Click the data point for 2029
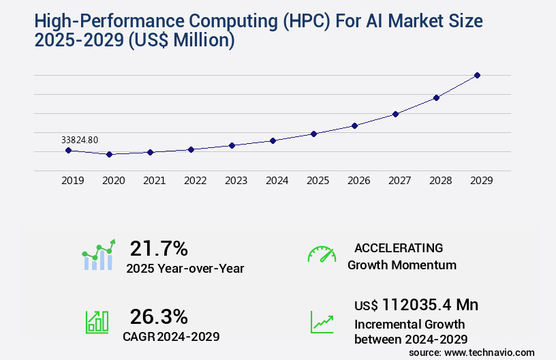[477, 75]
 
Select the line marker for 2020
[109, 155]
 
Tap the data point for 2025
[313, 134]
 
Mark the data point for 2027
[395, 114]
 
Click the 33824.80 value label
[80, 140]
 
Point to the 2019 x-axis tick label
[72, 181]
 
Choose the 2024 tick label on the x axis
[277, 181]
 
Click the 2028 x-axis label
[440, 181]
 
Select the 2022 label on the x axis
[195, 181]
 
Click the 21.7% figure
[159, 248]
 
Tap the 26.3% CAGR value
[159, 316]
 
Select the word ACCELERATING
[399, 248]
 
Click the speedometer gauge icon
[322, 254]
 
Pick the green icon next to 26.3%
[97, 322]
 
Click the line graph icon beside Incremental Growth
[322, 322]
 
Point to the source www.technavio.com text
[472, 352]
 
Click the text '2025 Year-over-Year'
[185, 269]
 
